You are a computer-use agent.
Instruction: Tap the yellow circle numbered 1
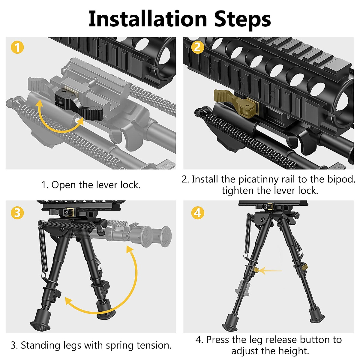click(17, 47)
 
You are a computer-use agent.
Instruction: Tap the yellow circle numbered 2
click(197, 47)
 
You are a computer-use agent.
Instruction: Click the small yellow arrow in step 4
click(270, 271)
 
